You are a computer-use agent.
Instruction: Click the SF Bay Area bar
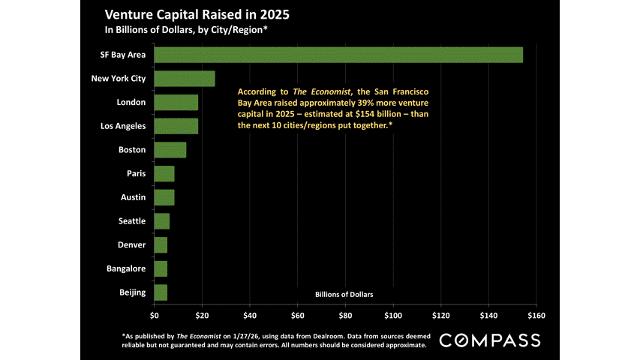[338, 55]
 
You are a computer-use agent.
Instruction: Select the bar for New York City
[185, 78]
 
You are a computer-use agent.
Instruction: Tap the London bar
[176, 102]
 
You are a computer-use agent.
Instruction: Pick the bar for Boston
[170, 149]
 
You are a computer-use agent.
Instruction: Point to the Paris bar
[164, 173]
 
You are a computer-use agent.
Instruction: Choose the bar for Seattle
[162, 220]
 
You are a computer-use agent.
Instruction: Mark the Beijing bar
[161, 292]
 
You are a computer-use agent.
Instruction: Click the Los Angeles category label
[122, 126]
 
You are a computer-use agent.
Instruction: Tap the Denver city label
[131, 244]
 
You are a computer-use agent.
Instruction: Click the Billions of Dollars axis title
[344, 294]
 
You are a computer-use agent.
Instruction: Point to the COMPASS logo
[489, 340]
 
